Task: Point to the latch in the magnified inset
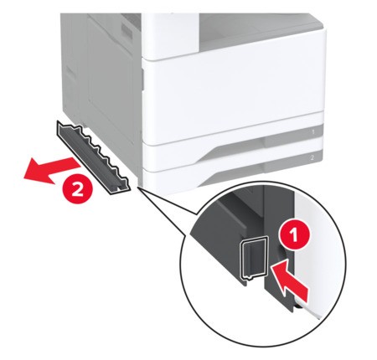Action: pos(253,258)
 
